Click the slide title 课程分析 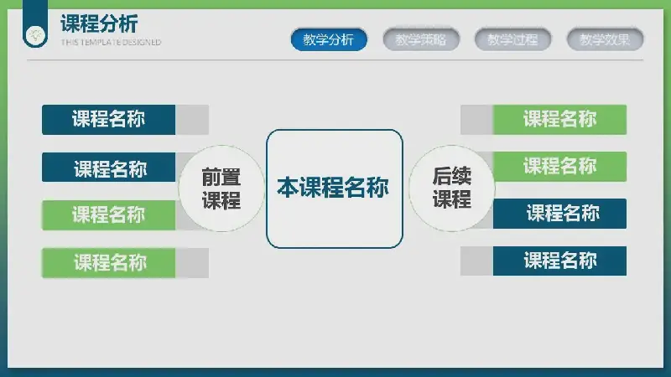(99, 23)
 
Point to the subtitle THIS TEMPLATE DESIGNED (111, 43)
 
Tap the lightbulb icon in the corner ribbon (35, 35)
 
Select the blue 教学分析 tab (329, 39)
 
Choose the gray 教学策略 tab (421, 39)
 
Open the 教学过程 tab (512, 39)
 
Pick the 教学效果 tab (605, 39)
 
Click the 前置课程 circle (221, 188)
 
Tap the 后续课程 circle (452, 188)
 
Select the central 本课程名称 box (334, 188)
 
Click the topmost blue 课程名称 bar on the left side (109, 120)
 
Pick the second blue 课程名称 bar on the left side (109, 167)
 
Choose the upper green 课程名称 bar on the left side (109, 215)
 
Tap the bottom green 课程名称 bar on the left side (109, 263)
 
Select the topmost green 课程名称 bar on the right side (559, 120)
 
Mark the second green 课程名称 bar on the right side (559, 167)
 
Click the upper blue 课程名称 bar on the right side (559, 214)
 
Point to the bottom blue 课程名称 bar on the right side (559, 261)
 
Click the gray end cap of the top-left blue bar (192, 120)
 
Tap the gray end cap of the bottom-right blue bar (476, 261)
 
